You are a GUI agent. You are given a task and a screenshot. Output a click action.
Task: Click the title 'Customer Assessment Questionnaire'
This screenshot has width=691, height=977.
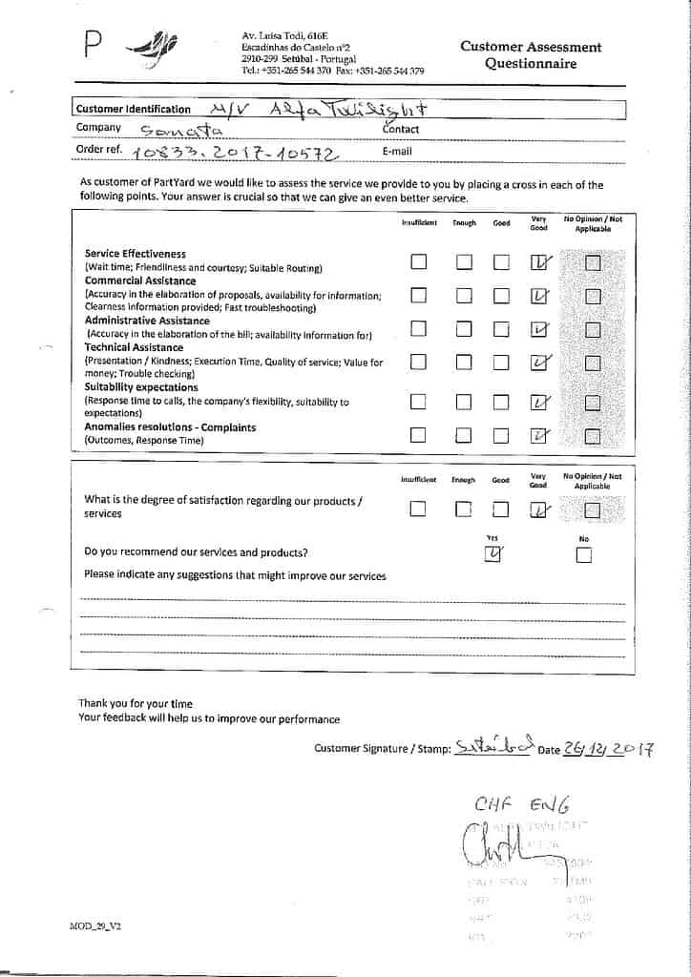[x=531, y=55]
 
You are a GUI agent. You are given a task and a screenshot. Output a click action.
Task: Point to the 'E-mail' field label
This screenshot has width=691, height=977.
[x=397, y=151]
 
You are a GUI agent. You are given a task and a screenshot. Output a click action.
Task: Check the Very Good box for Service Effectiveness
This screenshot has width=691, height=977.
[x=539, y=262]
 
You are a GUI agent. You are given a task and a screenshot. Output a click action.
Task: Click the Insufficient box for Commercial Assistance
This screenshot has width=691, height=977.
[x=418, y=296]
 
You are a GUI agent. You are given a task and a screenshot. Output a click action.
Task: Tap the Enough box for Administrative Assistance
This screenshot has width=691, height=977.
[x=464, y=330]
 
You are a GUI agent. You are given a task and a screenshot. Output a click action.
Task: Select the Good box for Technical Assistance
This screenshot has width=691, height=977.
[x=501, y=362]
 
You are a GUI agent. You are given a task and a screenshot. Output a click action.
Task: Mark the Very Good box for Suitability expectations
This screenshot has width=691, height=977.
[x=539, y=403]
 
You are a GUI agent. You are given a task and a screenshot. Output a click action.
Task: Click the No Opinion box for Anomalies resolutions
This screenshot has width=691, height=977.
[x=592, y=436]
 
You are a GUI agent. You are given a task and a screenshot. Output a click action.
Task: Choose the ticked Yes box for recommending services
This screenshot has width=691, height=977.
[x=493, y=555]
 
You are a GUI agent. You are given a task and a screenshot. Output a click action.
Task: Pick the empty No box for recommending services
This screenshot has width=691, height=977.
[x=584, y=555]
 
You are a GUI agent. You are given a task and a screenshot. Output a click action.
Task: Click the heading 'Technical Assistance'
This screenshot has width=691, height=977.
[x=134, y=348]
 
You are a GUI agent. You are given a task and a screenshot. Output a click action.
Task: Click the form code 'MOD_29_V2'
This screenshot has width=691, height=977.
[x=95, y=925]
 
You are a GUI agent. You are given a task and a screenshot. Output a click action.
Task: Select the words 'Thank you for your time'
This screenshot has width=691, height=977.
[x=136, y=704]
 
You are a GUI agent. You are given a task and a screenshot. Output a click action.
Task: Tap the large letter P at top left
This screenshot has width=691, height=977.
[x=94, y=44]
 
